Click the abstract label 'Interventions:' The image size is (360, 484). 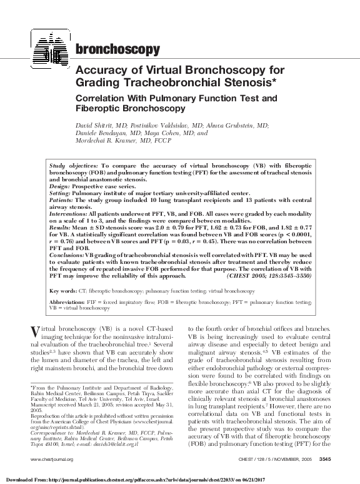[69, 213]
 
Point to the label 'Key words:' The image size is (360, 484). [62, 291]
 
